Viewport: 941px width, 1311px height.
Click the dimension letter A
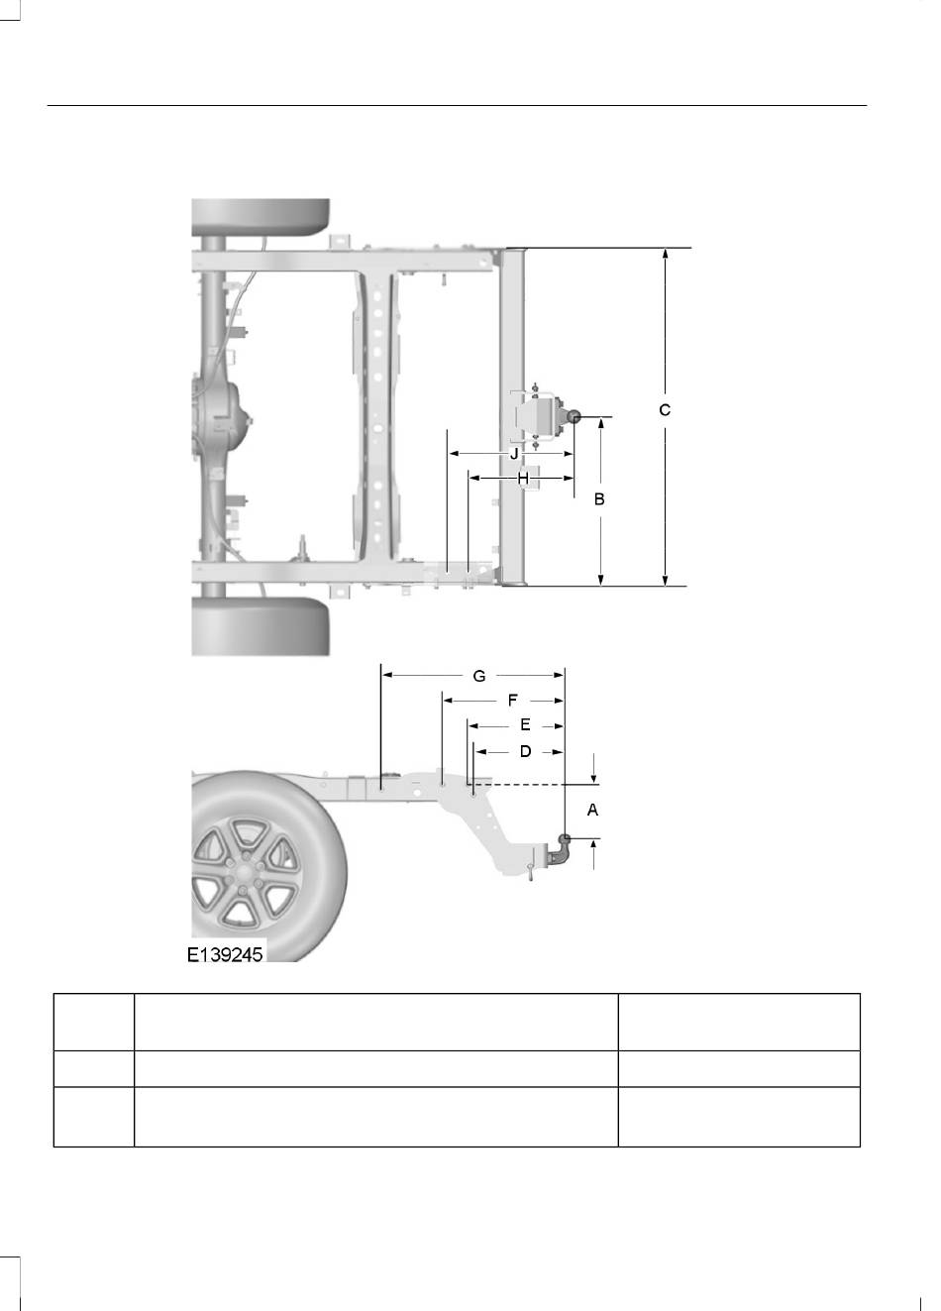tap(592, 810)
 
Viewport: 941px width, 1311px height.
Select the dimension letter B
tap(599, 499)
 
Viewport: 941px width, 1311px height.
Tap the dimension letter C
tap(665, 410)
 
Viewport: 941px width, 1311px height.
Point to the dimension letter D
tap(526, 751)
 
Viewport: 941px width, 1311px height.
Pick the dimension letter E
tap(525, 725)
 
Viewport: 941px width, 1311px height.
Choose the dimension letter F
tap(513, 700)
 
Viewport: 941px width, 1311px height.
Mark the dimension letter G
tap(479, 676)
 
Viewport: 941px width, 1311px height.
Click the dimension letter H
tap(523, 479)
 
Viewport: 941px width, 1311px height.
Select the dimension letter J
tap(514, 454)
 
